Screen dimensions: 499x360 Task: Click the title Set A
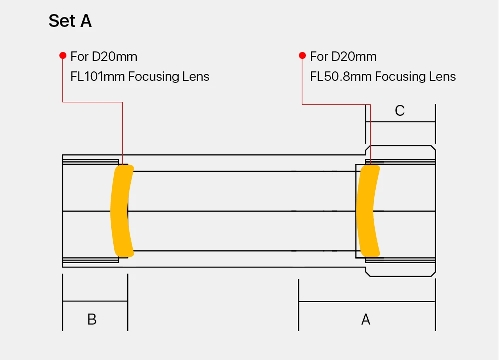coord(70,21)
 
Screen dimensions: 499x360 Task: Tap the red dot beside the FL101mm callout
coord(63,56)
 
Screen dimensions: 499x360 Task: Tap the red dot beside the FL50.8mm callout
coord(302,56)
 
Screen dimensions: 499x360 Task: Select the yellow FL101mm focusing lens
coord(122,211)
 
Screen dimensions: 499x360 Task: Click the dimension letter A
coord(366,319)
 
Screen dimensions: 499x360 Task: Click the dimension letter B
coord(92,319)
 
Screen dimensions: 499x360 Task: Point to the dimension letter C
coord(400,111)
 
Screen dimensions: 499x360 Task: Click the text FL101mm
coord(97,76)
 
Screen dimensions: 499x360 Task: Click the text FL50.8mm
coord(341,76)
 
